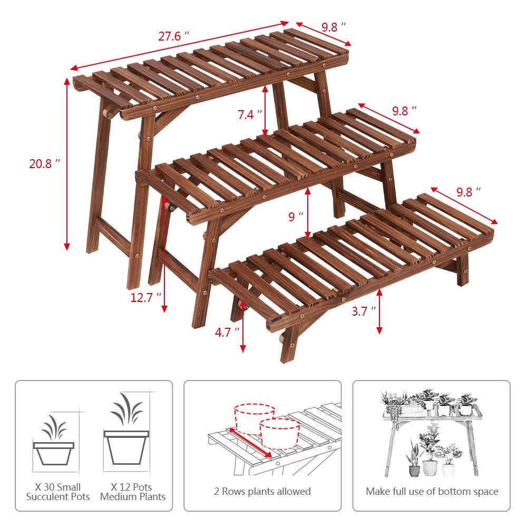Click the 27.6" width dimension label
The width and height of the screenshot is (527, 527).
pos(173,36)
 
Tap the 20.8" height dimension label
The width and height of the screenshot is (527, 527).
pos(44,164)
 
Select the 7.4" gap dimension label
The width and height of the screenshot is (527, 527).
pos(250,114)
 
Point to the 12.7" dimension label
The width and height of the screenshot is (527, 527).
pos(146,297)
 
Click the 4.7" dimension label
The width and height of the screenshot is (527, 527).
pos(227,333)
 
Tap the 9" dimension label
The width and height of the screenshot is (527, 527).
pos(296,217)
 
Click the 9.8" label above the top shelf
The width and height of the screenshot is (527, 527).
pos(334,27)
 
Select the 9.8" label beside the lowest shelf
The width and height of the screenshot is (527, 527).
pos(469,192)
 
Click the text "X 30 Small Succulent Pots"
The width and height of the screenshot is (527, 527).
pos(58,492)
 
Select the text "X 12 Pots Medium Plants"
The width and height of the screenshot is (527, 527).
pos(133,492)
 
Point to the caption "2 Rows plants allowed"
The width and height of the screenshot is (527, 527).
pos(262,491)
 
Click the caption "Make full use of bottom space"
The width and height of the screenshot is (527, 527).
pos(432,491)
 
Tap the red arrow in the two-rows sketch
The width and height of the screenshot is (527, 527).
pos(250,442)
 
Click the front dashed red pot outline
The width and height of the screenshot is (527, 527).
pos(280,434)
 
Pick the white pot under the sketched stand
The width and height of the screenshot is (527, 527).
pos(430,467)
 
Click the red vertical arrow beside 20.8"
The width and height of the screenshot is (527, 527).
pos(67,164)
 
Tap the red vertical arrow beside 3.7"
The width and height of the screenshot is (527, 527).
pos(379,311)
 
